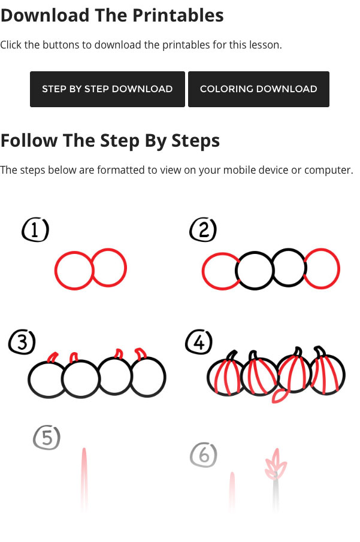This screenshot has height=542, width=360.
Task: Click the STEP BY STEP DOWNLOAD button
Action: pos(107,89)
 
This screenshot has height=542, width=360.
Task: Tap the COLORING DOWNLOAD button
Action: pos(259,89)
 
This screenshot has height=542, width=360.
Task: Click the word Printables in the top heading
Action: pos(178,15)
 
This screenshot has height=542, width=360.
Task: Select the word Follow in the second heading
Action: pos(29,140)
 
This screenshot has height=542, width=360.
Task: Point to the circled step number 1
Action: pos(35,229)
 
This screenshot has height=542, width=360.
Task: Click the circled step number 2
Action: pos(203,229)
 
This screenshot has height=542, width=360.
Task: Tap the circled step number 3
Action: pos(22,342)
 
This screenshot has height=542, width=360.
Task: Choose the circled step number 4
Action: pos(199,342)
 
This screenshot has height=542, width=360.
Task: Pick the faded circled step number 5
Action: pos(47,438)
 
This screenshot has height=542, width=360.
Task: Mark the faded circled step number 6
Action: pos(204,455)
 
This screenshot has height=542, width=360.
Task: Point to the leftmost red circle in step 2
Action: pos(204,271)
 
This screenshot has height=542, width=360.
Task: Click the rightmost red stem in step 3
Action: pos(141,353)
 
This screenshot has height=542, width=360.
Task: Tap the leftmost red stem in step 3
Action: pos(52,357)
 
